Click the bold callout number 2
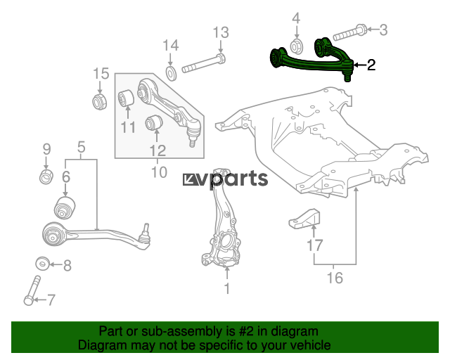371,65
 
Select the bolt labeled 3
349,33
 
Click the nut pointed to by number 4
296,47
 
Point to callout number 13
221,32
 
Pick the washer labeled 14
171,74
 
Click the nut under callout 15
100,101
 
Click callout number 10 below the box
159,172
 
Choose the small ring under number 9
46,176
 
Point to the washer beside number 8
42,264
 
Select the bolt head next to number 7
29,300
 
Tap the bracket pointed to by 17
304,219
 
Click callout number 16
335,278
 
